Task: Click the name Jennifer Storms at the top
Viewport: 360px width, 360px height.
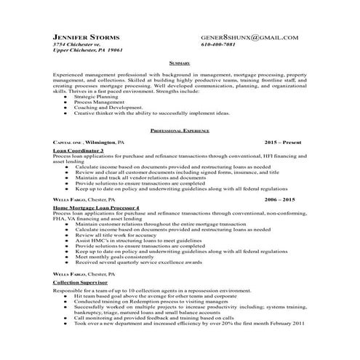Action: tap(92, 36)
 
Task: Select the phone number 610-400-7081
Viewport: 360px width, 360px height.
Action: tap(221, 44)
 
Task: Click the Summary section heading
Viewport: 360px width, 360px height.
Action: tap(178, 63)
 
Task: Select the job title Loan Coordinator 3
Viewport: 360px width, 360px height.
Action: tap(79, 150)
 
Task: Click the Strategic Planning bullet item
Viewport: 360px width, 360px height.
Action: tap(99, 97)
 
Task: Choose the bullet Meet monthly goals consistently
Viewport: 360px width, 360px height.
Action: tap(119, 255)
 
